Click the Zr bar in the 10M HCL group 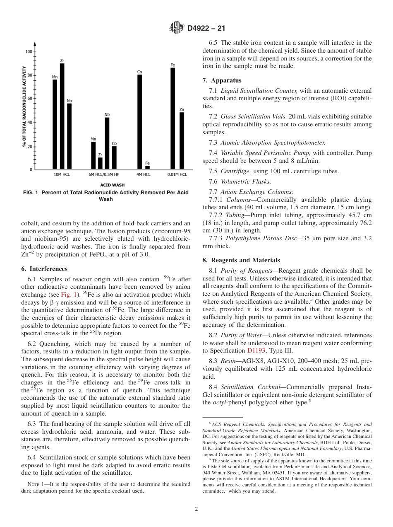pyautogui.click(x=62, y=116)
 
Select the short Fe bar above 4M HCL pyautogui.click(x=147, y=167)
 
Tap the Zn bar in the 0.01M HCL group pyautogui.click(x=182, y=141)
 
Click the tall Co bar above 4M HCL pyautogui.click(x=140, y=122)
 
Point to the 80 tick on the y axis pyautogui.click(x=29, y=75)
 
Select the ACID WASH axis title pyautogui.click(x=112, y=185)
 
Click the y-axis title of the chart pyautogui.click(x=24, y=107)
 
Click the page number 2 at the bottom pyautogui.click(x=196, y=509)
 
